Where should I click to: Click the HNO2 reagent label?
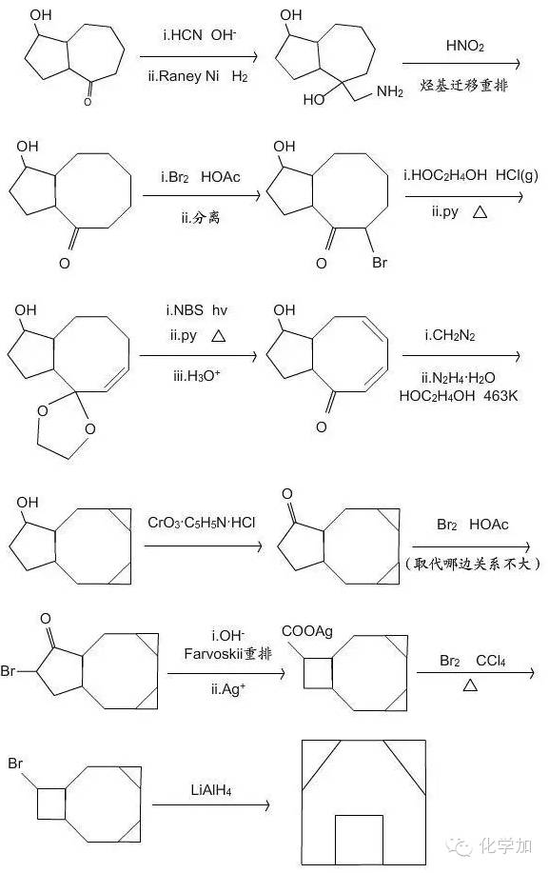click(464, 46)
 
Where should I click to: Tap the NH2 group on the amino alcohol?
click(389, 91)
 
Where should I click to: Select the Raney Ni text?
click(189, 76)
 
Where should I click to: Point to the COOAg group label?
click(307, 631)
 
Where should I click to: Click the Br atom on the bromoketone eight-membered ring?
click(380, 262)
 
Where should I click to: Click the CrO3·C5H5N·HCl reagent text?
click(202, 523)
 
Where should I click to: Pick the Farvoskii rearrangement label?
click(228, 653)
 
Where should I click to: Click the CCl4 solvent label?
click(491, 661)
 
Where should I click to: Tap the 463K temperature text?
click(499, 396)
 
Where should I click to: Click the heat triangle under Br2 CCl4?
click(470, 685)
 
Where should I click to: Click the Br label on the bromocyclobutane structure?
click(15, 763)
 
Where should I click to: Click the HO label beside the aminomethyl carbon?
click(314, 100)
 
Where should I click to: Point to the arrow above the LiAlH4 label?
click(211, 805)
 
